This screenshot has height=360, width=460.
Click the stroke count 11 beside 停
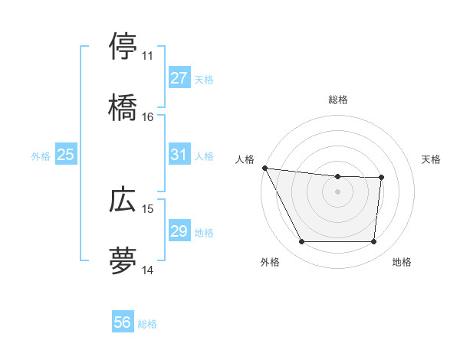[x=148, y=56]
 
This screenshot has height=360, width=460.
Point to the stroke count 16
[x=148, y=117]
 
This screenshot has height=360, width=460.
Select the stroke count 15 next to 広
[x=148, y=208]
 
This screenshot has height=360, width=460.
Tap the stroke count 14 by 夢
[x=148, y=270]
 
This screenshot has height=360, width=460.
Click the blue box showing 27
[x=179, y=78]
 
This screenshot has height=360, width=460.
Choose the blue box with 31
[x=179, y=155]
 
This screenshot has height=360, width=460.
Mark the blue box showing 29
[x=179, y=231]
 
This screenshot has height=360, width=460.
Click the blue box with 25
[x=65, y=155]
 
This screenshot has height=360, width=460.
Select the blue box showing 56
[x=123, y=323]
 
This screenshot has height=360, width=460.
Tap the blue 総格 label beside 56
[x=147, y=324]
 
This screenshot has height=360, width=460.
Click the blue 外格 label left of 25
[x=41, y=155]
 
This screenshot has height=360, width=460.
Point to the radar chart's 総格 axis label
[x=338, y=100]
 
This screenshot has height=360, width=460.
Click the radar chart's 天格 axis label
[x=432, y=159]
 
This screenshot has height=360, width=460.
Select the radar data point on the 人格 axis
[x=264, y=168]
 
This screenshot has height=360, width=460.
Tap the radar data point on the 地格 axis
[x=373, y=242]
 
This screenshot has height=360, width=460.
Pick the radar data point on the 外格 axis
[x=301, y=242]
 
